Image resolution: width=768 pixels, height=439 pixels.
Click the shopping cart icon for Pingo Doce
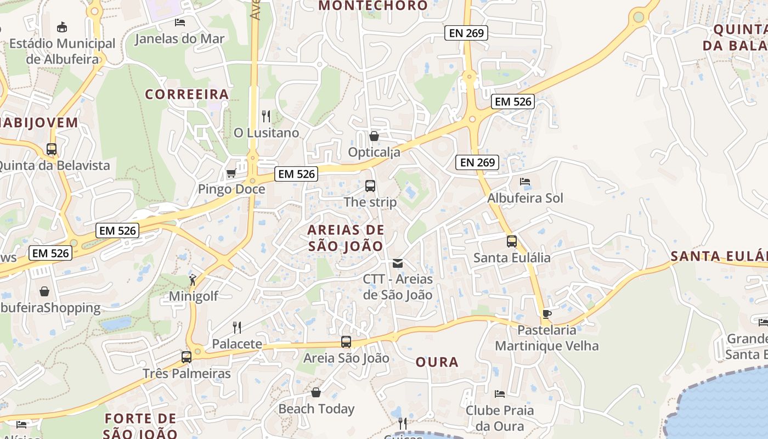coord(231,173)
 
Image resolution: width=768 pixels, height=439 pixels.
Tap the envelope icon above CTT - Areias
coord(398,263)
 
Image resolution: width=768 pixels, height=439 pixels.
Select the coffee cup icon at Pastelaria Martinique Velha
coord(546,314)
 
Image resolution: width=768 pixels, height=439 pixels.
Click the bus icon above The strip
coord(370,186)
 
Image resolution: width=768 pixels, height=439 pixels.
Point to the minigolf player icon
coord(193,280)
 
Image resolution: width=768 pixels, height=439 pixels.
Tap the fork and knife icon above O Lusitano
coord(266,116)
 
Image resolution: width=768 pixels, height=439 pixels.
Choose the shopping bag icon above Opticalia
coord(374,136)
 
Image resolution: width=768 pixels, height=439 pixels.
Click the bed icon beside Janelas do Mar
coord(179,22)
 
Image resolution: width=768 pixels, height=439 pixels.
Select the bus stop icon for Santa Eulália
coord(511,241)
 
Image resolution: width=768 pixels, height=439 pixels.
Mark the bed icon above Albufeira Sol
coord(525,182)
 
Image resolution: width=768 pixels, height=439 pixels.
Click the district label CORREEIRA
coord(187,94)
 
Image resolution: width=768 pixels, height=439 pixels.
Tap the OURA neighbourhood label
coord(437,362)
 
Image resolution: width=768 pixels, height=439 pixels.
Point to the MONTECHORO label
coord(373,6)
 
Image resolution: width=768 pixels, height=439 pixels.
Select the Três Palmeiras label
coord(187,374)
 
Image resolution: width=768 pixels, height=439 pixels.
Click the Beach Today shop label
coord(316,409)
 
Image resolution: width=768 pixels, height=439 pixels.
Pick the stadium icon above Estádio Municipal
coord(62,27)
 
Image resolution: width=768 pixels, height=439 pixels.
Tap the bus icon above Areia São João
coord(346,342)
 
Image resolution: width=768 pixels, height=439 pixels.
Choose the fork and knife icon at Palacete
coord(237,328)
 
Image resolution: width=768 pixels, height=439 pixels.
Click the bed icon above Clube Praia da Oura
coord(499,394)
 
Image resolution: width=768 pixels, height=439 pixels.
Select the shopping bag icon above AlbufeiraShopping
coord(44,291)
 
